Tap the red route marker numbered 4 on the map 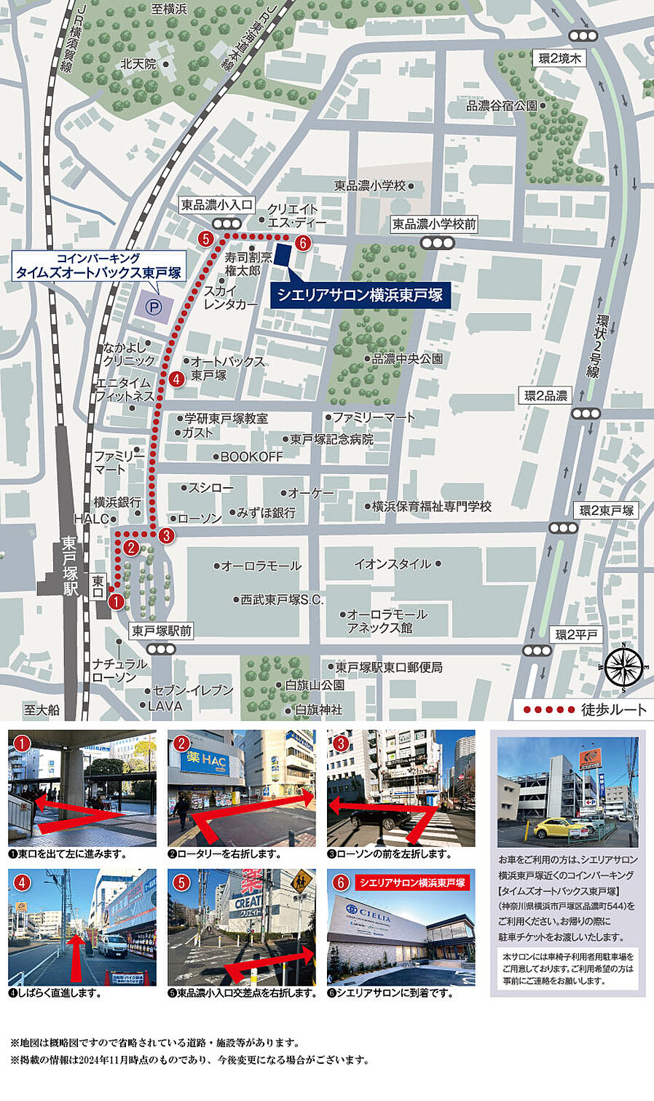click(x=176, y=379)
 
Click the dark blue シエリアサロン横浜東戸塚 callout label click(x=360, y=295)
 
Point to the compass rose click(x=624, y=667)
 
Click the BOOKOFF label click(x=251, y=457)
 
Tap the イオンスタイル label click(x=392, y=564)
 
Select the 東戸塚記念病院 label click(x=331, y=439)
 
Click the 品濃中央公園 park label click(x=407, y=358)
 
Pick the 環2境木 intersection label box click(x=560, y=58)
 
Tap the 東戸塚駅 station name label click(x=70, y=567)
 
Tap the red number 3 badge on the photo click(x=340, y=743)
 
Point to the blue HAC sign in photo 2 click(x=204, y=762)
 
